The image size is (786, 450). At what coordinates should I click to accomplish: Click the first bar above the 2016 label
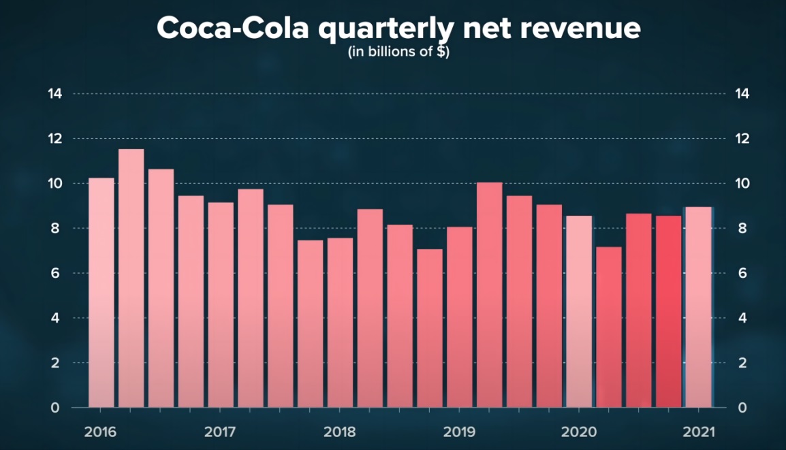(x=101, y=293)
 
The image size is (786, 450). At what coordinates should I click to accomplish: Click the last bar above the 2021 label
(x=698, y=307)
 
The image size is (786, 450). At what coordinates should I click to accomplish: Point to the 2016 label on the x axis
(x=100, y=432)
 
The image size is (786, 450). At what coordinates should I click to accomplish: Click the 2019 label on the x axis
(x=459, y=432)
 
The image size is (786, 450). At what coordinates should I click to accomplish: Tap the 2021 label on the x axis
(x=698, y=432)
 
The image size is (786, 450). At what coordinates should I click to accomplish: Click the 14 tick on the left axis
(x=54, y=94)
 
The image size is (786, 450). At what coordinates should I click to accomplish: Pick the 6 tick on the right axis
(x=738, y=274)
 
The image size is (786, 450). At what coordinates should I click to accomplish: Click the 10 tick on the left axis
(x=54, y=184)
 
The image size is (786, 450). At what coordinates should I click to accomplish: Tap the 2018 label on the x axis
(x=340, y=432)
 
